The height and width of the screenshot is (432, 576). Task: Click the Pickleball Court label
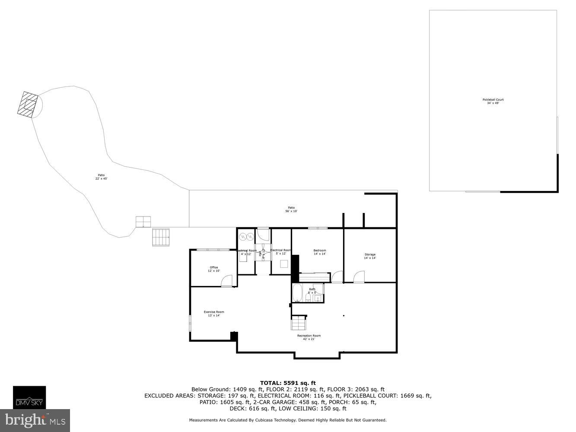(x=493, y=102)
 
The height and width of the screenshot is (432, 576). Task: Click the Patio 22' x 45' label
(x=101, y=177)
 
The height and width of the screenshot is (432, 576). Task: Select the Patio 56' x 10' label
(x=291, y=210)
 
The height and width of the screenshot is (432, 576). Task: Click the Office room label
(x=214, y=269)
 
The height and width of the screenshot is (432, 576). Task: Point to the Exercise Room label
(x=214, y=314)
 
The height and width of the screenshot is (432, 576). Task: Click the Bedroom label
(x=319, y=252)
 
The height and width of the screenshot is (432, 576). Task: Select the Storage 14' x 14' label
(x=369, y=256)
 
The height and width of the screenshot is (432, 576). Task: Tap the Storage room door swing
(x=359, y=277)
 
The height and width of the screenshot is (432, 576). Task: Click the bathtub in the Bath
(x=297, y=293)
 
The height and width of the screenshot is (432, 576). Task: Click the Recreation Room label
(x=309, y=337)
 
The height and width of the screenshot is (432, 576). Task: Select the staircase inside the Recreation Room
(x=298, y=323)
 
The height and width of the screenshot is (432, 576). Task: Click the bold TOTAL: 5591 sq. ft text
(x=288, y=383)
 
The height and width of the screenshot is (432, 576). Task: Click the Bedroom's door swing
(x=337, y=277)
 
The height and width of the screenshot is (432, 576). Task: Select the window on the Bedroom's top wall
(x=318, y=228)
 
